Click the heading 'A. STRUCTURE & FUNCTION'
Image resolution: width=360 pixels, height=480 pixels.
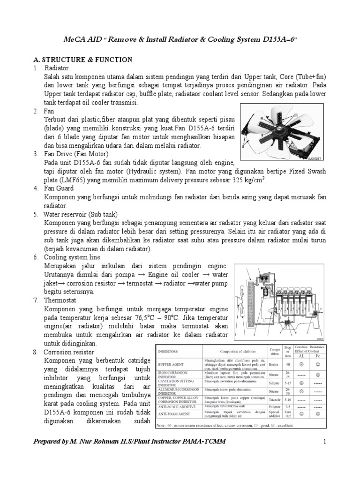pyautogui.click(x=82, y=60)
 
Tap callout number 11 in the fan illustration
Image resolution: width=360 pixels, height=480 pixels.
pyautogui.click(x=296, y=115)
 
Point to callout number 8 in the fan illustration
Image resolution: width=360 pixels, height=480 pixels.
pyautogui.click(x=244, y=147)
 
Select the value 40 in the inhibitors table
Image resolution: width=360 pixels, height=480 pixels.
pyautogui.click(x=288, y=364)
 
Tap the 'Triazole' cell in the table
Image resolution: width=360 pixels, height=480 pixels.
pyautogui.click(x=274, y=400)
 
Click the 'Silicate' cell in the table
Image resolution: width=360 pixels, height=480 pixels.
pyautogui.click(x=274, y=383)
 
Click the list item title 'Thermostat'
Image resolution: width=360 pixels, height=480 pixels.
pyautogui.click(x=61, y=300)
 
